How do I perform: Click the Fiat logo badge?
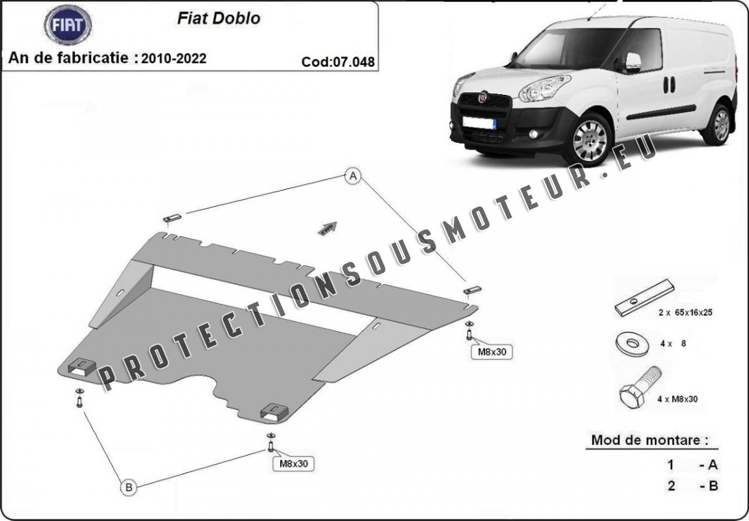point(68,25)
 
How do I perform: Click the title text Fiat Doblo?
point(218,18)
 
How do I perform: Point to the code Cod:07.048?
point(338,62)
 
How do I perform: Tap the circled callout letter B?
point(129,487)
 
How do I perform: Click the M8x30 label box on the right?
point(492,352)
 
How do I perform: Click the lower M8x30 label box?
point(293,463)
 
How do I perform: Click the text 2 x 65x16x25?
point(685,312)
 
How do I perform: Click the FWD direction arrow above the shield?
point(326,227)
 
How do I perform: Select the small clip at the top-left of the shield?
point(172,217)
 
